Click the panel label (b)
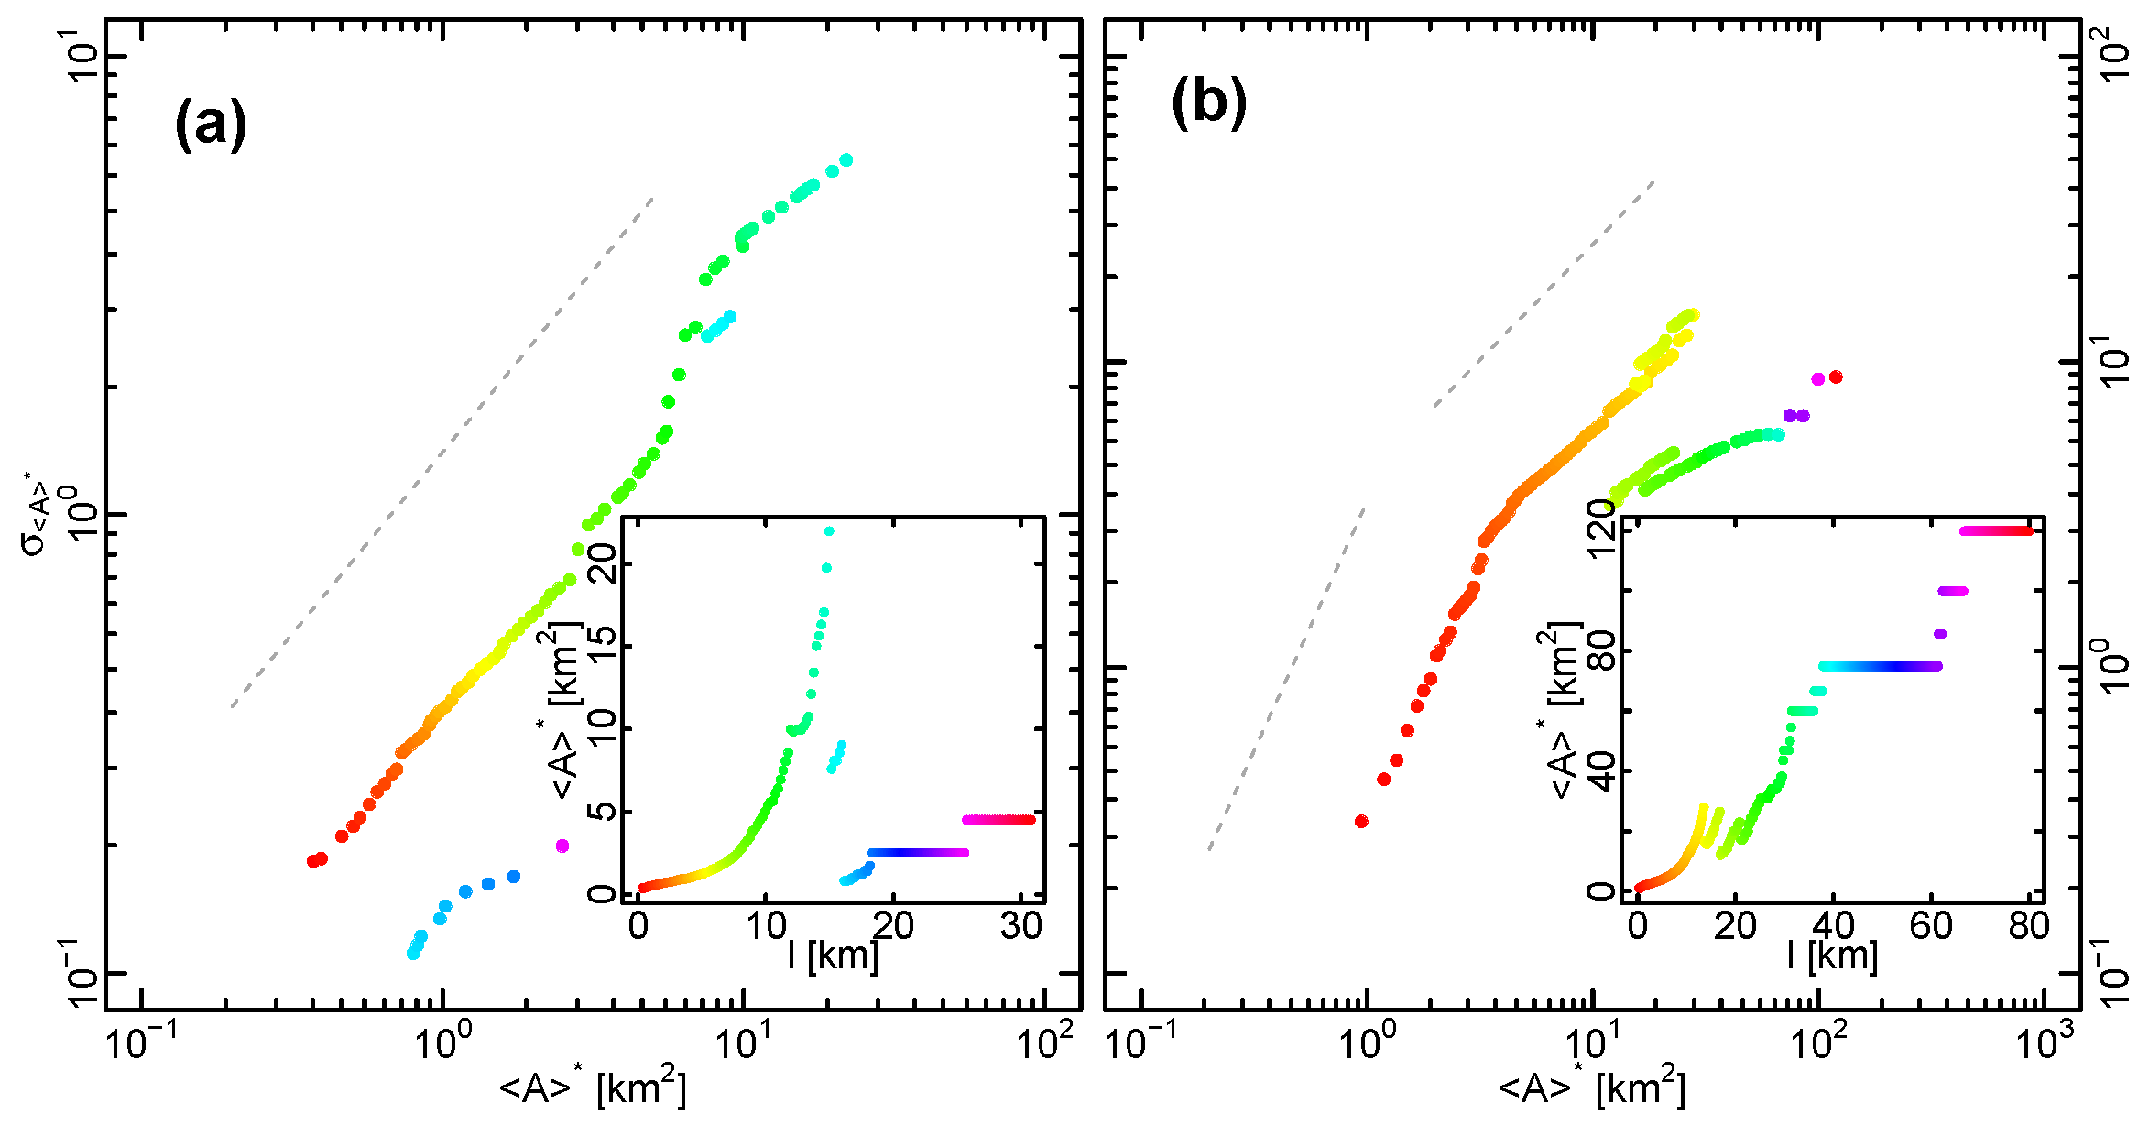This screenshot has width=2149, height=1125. coord(1208,102)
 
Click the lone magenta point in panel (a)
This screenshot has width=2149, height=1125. coord(562,846)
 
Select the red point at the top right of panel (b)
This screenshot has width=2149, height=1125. coord(1836,377)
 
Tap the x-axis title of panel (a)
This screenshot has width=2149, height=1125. coord(592,1087)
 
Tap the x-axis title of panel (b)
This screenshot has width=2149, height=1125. coord(1591,1087)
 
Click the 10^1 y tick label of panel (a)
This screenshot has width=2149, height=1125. coord(85,55)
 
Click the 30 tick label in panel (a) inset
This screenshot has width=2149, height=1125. coord(1020,927)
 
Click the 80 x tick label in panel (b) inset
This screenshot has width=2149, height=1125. coord(2028,927)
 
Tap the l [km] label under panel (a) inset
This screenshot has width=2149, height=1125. coord(833,956)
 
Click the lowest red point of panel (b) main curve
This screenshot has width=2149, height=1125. coord(1361,821)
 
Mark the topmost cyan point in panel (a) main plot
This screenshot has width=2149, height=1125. coord(845,160)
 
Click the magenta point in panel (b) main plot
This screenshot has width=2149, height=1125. coord(1818,379)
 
